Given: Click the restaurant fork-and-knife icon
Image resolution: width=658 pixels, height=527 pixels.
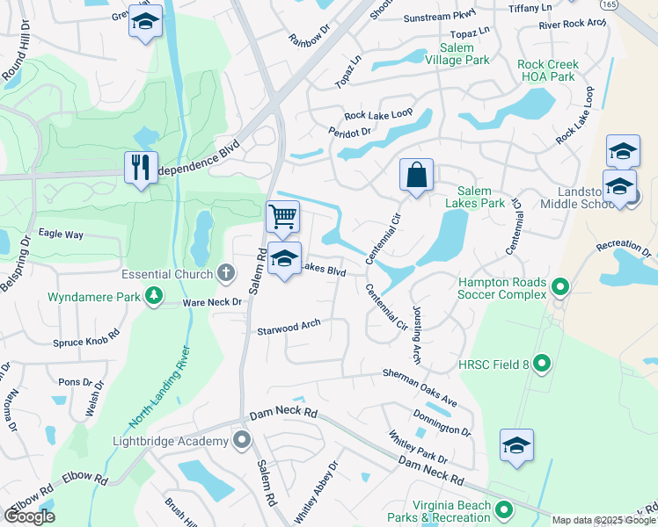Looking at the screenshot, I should pyautogui.click(x=141, y=167).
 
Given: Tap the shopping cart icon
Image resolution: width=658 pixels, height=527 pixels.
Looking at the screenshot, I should pyautogui.click(x=282, y=215).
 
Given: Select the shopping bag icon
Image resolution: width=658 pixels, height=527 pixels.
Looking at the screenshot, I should pyautogui.click(x=416, y=174).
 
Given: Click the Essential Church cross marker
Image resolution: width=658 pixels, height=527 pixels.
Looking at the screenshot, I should pyautogui.click(x=226, y=273).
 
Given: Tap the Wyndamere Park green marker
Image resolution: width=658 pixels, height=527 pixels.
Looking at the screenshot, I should pyautogui.click(x=155, y=296).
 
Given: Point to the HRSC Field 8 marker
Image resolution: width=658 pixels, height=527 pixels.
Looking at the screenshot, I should pyautogui.click(x=543, y=362).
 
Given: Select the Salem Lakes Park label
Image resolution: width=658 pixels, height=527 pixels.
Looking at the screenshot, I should pyautogui.click(x=480, y=197).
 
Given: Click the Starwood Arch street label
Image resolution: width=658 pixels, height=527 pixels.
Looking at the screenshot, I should pyautogui.click(x=289, y=328).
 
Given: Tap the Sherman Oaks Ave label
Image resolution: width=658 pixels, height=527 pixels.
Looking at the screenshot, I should pyautogui.click(x=420, y=387).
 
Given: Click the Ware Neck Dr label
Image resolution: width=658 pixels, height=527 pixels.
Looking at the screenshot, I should pyautogui.click(x=211, y=302).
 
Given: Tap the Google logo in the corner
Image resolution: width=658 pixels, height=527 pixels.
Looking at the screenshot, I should pyautogui.click(x=29, y=516).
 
